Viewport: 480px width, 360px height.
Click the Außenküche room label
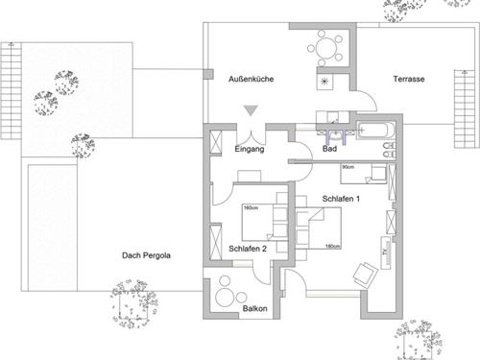[x=251, y=79]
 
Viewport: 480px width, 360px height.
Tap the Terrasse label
[x=409, y=79]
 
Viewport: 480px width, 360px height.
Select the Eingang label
[x=250, y=149]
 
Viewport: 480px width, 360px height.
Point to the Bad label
[x=329, y=149]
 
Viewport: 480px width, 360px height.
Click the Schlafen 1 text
[x=341, y=199]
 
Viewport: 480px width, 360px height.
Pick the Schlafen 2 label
[x=248, y=249]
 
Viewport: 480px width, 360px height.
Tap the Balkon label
[x=255, y=309]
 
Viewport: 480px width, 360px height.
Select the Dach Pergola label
[x=146, y=255]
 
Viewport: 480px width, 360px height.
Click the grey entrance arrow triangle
[x=252, y=110]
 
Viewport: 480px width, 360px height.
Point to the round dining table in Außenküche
[x=324, y=48]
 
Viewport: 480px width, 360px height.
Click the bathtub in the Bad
[x=376, y=131]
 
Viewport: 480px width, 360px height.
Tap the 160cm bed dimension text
[x=251, y=208]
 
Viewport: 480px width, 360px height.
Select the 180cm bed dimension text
[x=332, y=246]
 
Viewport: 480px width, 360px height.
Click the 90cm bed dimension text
[x=348, y=167]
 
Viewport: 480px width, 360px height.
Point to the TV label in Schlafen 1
[x=386, y=251]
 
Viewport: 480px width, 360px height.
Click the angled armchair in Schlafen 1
[x=366, y=273]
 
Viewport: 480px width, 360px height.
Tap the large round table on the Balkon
[x=226, y=297]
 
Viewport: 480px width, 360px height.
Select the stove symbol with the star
[x=324, y=82]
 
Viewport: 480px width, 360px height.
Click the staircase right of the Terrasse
[x=465, y=108]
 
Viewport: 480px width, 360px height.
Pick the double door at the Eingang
[x=252, y=137]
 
